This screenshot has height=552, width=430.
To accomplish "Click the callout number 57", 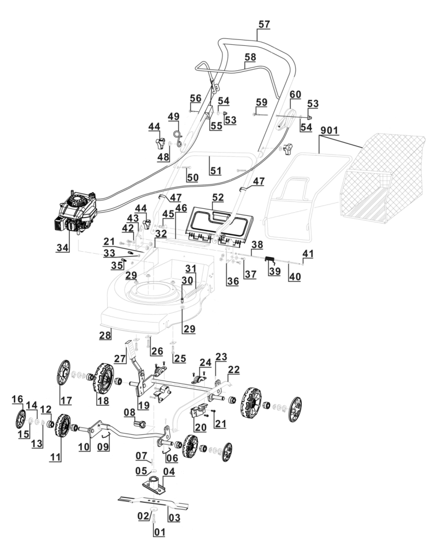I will point(264,24).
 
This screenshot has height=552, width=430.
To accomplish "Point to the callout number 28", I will point(105,335).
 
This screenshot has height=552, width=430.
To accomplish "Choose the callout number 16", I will point(17,398).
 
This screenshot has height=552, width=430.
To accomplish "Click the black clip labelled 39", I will point(270,259).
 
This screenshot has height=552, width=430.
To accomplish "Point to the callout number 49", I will point(173,116).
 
